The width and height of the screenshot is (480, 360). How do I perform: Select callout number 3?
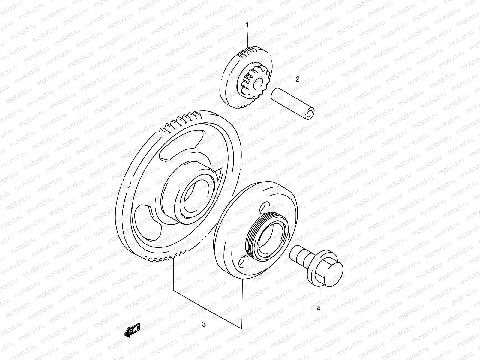pyautogui.click(x=204, y=324)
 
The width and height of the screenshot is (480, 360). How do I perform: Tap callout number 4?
pyautogui.click(x=319, y=308)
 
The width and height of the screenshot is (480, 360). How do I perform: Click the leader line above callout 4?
pyautogui.click(x=319, y=294)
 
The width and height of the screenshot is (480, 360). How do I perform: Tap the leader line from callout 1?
pyautogui.click(x=248, y=39)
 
